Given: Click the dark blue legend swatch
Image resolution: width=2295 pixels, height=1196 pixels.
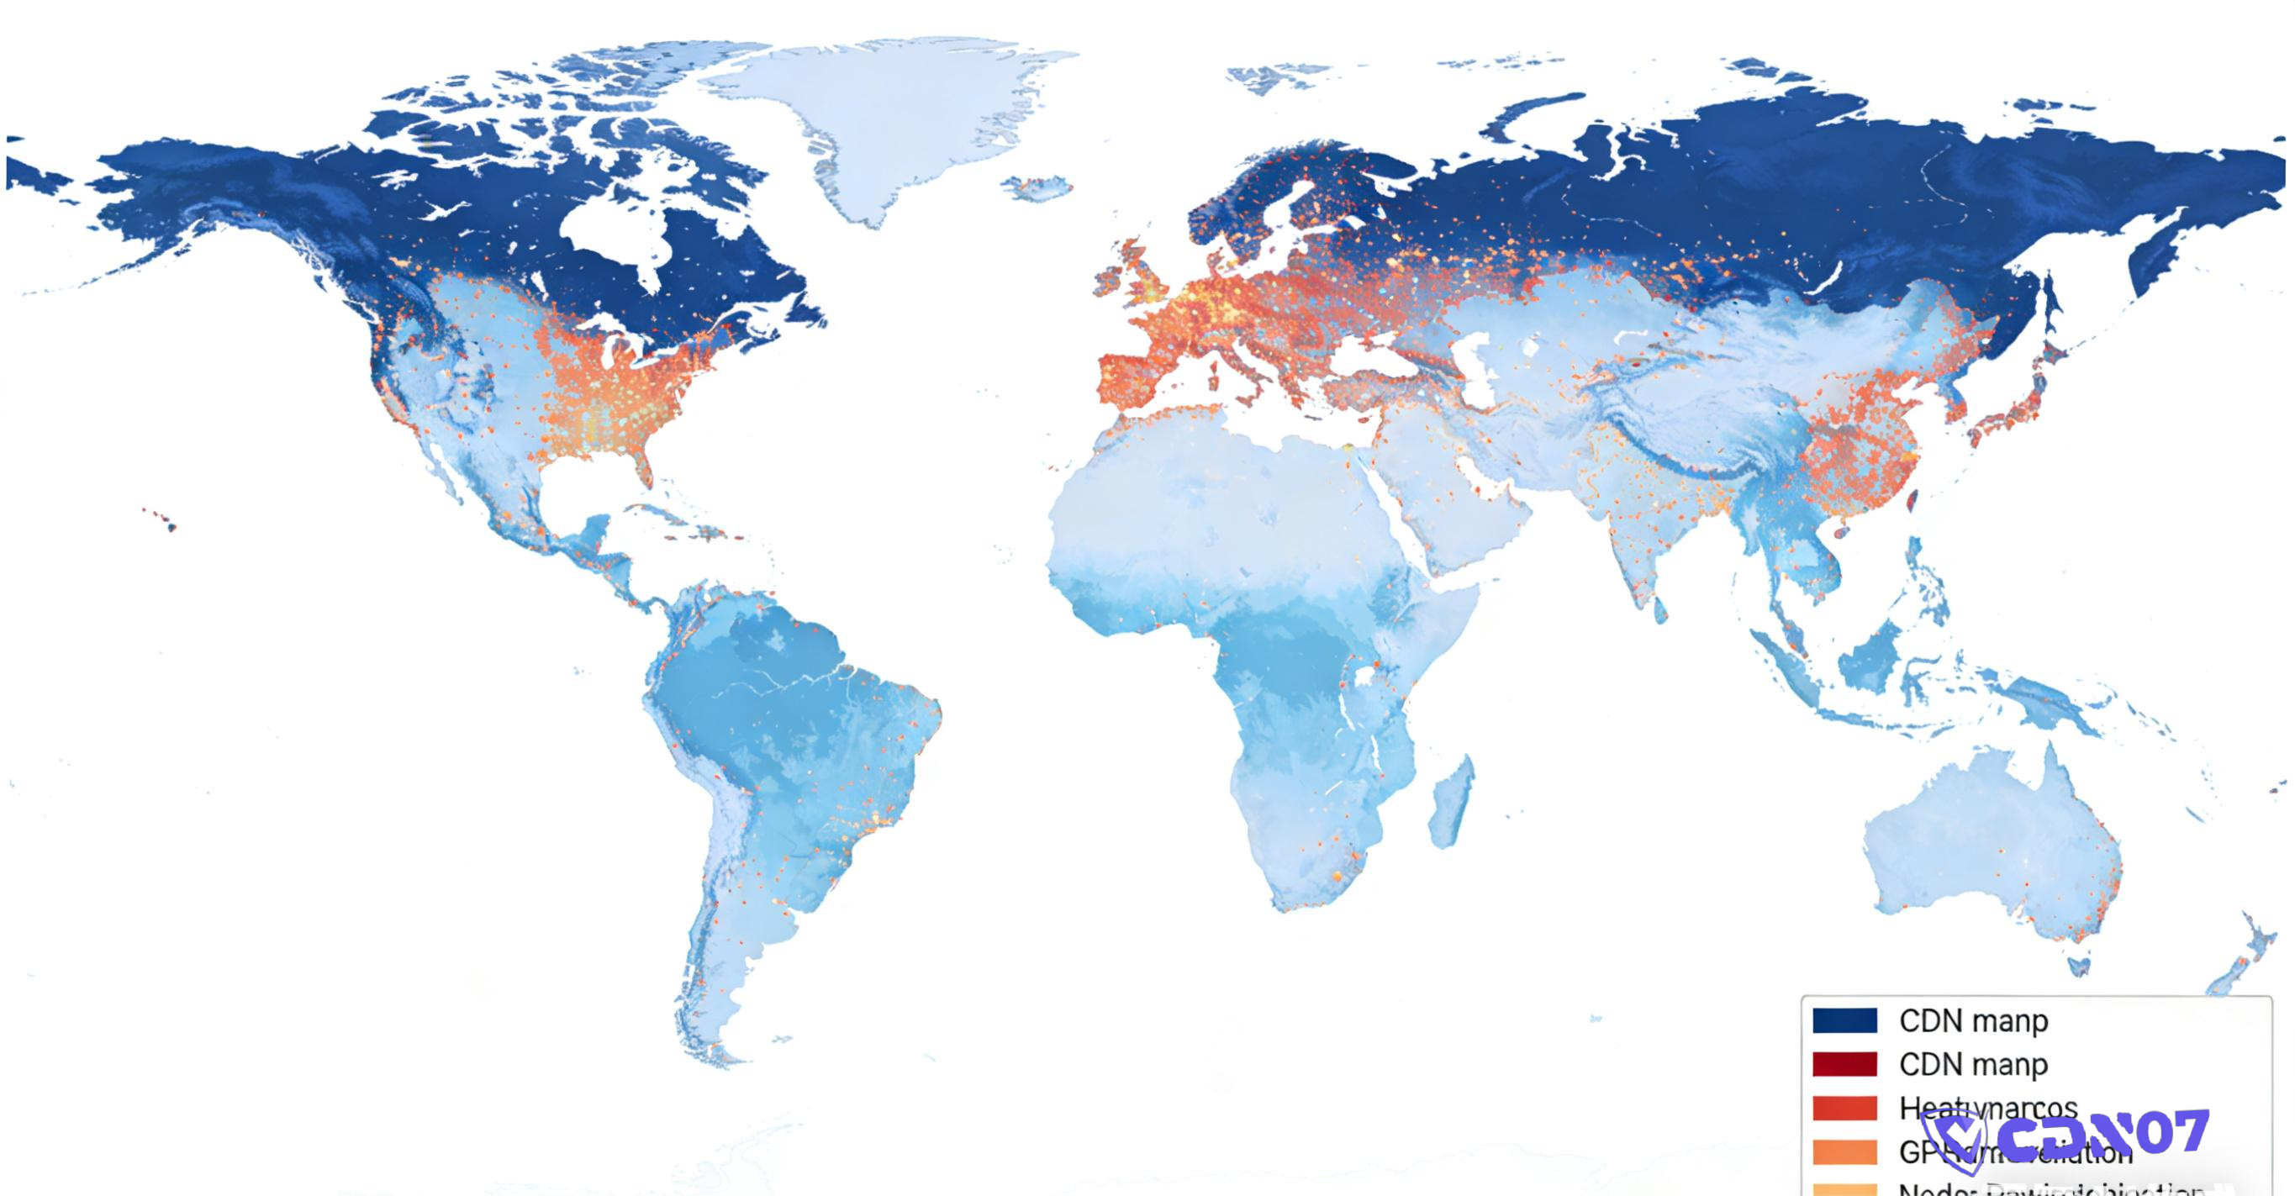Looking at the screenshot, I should tap(1844, 1020).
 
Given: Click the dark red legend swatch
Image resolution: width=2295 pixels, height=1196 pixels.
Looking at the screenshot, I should tap(1844, 1064).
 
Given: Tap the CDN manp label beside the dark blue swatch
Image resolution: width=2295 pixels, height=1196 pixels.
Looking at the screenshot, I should tap(1973, 1020).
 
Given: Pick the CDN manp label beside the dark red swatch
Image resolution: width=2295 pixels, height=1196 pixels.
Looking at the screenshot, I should tap(1973, 1064).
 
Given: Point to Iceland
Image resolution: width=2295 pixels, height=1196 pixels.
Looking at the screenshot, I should tap(1039, 188).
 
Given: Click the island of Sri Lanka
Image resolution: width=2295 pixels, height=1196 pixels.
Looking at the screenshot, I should tap(1659, 611).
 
